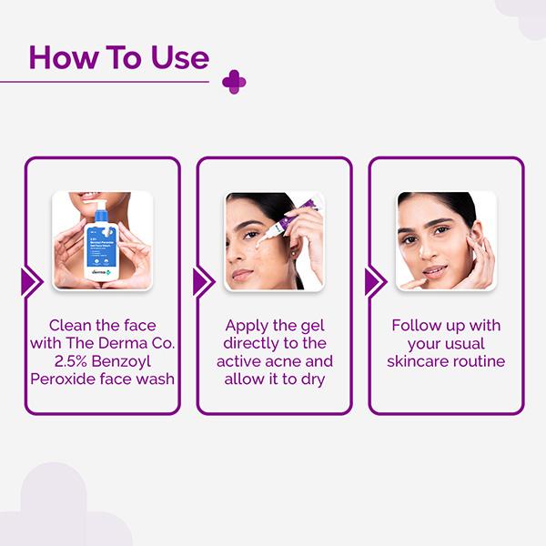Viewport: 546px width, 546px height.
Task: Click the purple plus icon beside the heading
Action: (234, 82)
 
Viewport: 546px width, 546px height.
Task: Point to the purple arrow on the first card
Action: (31, 282)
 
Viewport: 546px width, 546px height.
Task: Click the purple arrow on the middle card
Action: (203, 282)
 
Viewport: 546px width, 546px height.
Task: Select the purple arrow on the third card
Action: (374, 282)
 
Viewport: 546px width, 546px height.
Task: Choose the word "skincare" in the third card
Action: (418, 360)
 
